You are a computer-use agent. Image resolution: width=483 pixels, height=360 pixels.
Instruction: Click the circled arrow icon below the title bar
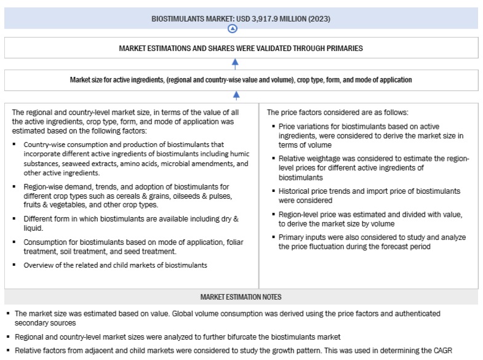[232, 29]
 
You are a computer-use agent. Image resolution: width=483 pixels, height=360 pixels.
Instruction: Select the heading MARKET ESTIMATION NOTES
[241, 297]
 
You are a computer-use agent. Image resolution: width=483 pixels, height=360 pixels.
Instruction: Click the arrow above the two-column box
[236, 95]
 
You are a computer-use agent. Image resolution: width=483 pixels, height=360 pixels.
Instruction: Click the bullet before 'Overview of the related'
[15, 265]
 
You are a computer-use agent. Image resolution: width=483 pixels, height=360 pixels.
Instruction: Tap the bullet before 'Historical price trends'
[273, 192]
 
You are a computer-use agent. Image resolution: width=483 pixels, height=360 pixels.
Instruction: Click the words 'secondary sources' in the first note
[43, 323]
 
